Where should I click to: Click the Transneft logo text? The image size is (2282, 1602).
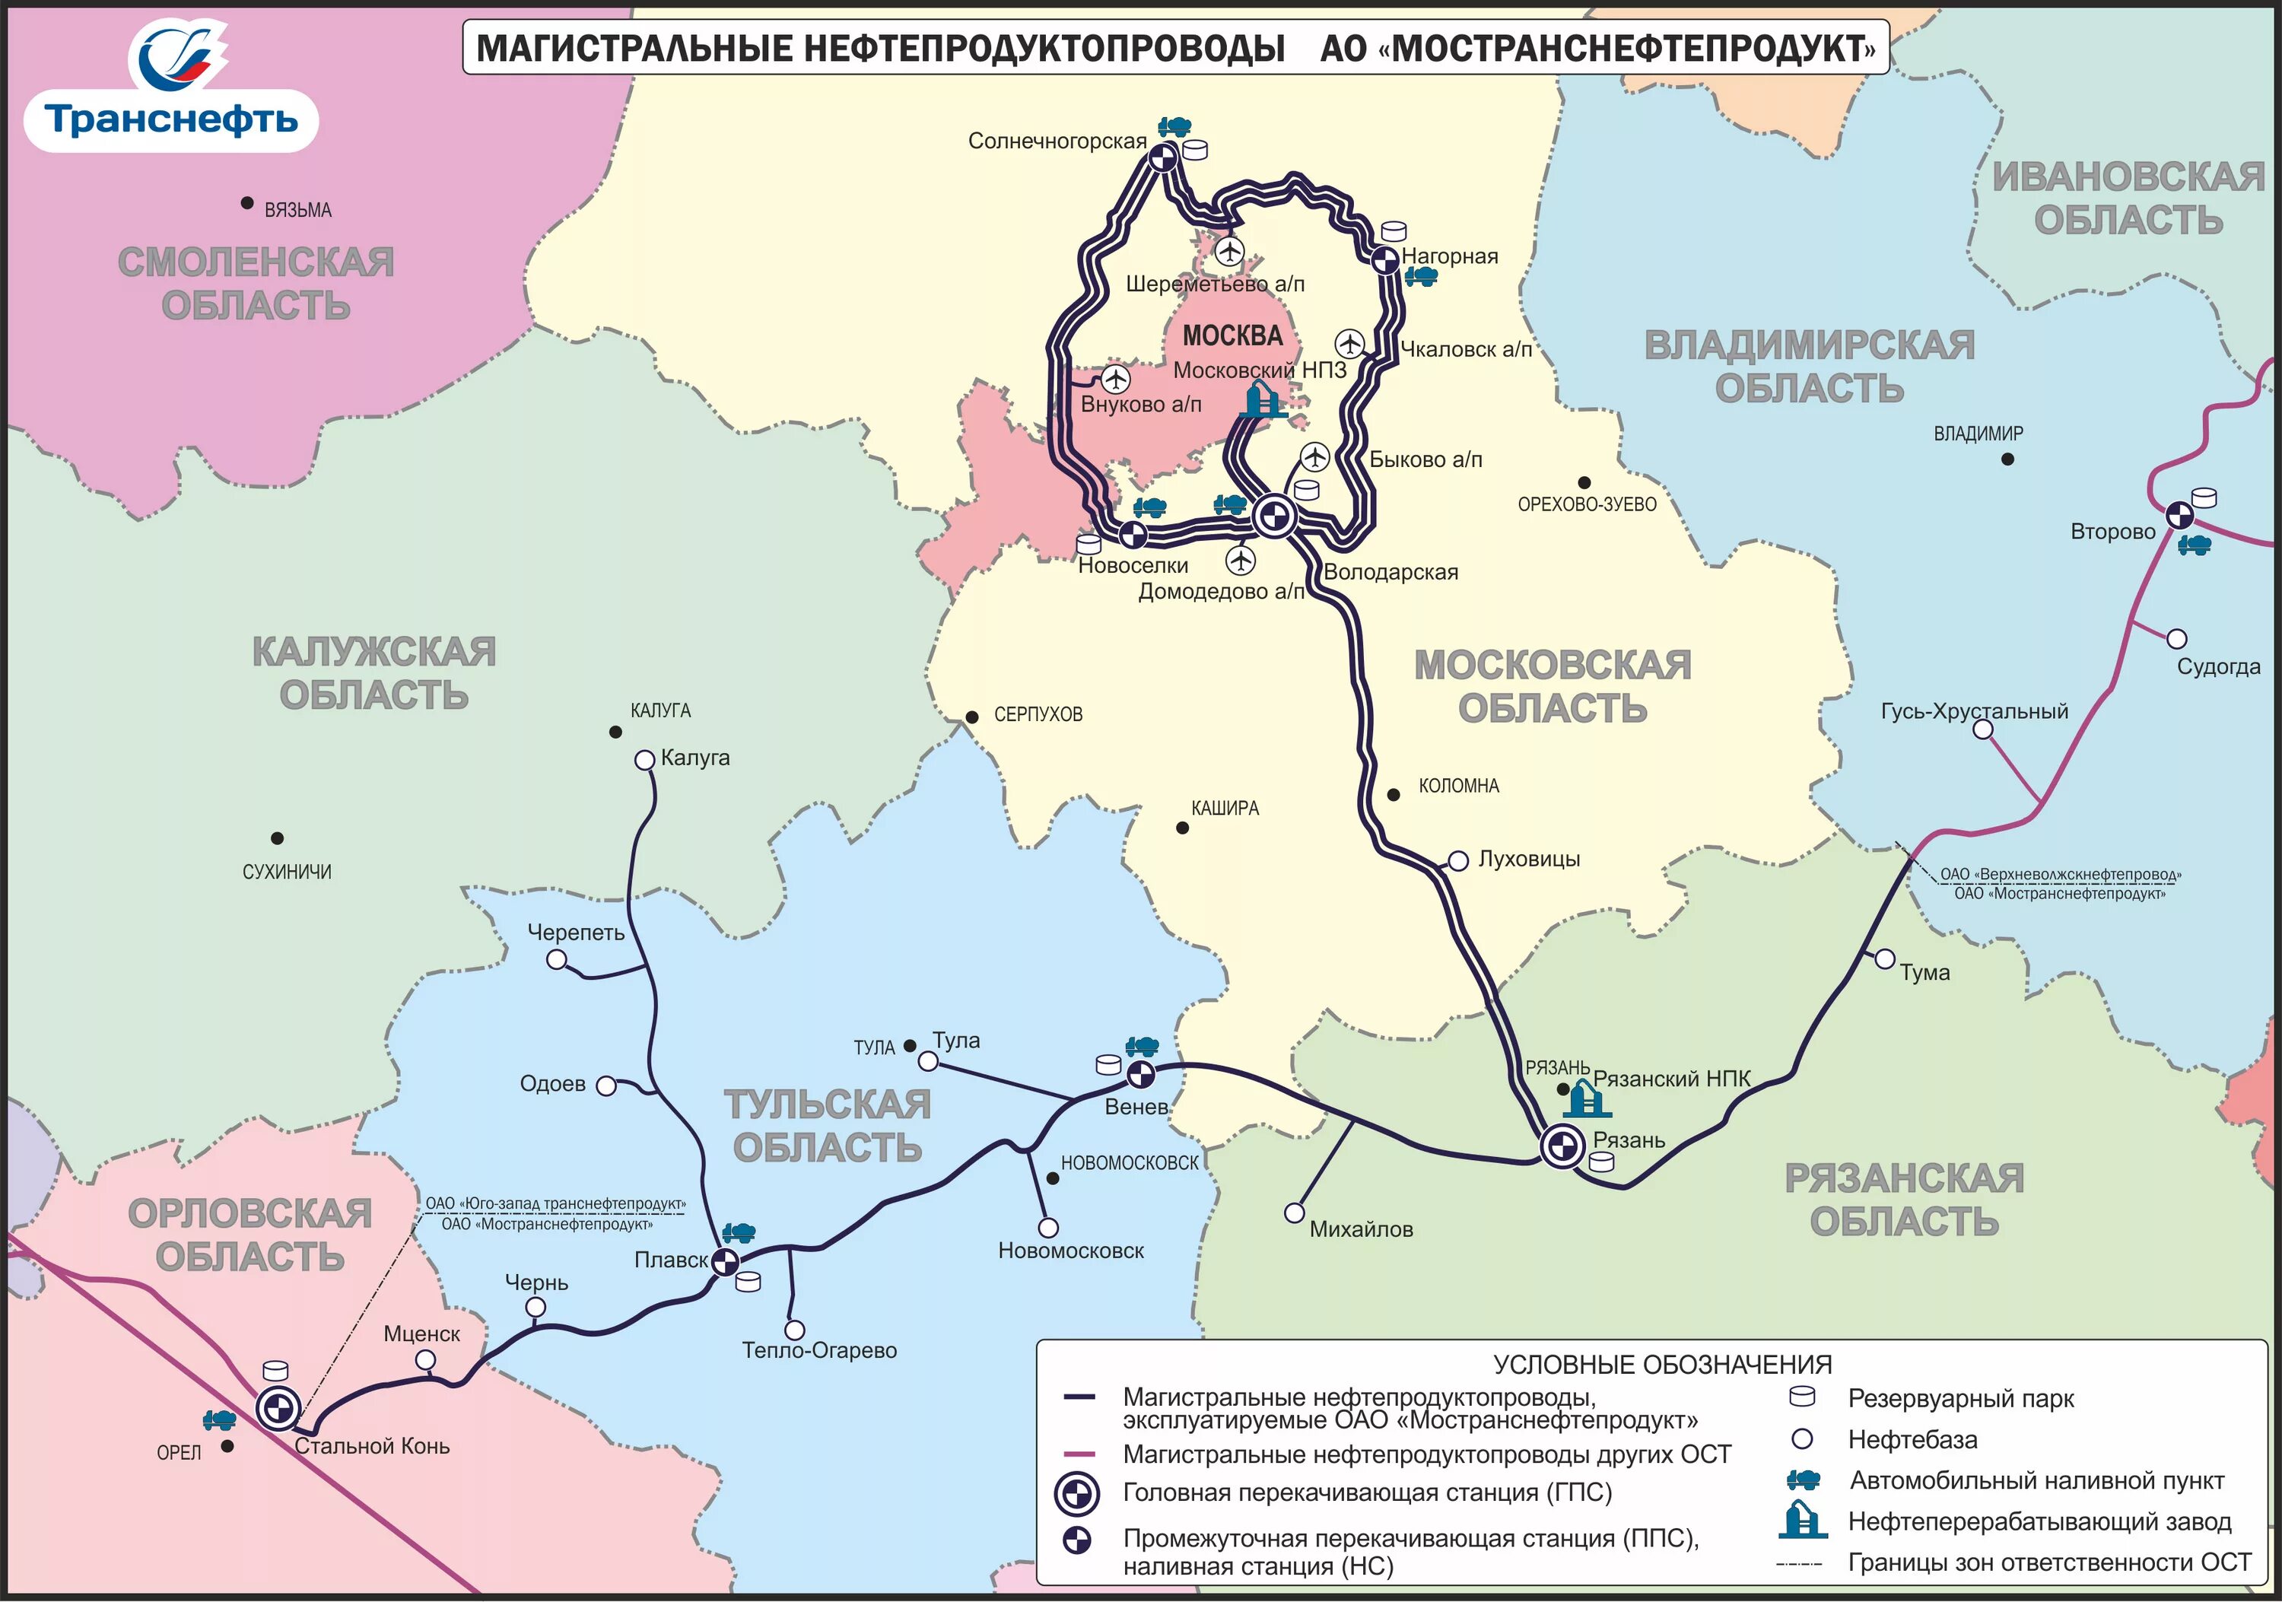coord(171,120)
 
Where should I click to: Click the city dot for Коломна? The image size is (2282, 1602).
coord(1394,794)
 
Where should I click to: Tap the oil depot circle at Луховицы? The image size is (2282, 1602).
coord(1458,860)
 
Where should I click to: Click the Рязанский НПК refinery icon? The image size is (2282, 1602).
coord(1584,1099)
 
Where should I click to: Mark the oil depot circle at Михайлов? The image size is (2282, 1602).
coord(1294,1213)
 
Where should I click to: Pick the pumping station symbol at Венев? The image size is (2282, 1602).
coord(1140,1073)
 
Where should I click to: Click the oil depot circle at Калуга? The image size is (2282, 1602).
coord(644,760)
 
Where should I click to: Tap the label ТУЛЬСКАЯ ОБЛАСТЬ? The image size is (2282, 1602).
coord(827,1126)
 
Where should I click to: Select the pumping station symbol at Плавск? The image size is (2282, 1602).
coord(726,1262)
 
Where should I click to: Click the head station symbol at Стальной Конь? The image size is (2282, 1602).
coord(278,1407)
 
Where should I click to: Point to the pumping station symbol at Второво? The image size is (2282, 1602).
coord(2179,515)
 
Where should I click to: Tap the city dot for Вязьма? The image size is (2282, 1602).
coord(246,203)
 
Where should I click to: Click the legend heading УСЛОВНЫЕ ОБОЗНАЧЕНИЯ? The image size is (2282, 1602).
coord(1662,1365)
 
